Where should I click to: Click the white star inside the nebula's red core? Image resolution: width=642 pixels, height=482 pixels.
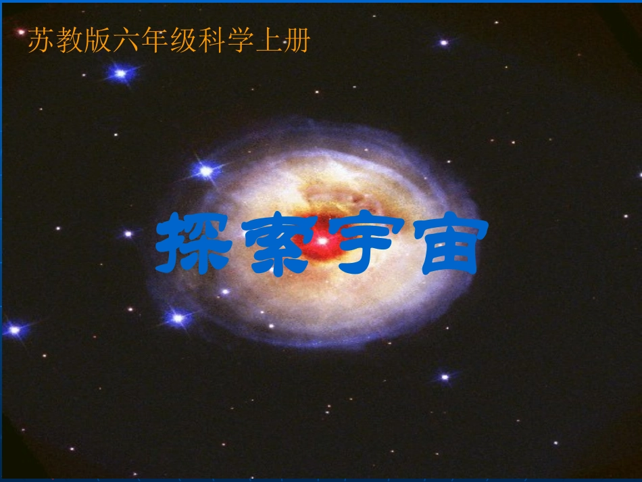coord(322,240)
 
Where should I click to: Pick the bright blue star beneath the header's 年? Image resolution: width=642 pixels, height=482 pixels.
coord(121,73)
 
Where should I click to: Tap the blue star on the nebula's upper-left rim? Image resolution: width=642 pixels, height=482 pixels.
coord(206,172)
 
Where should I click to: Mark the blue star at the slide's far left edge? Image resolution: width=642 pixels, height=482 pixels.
coord(14,330)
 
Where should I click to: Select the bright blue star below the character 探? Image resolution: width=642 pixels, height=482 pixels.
coord(178,317)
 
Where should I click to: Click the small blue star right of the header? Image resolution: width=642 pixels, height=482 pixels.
coord(443,43)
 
